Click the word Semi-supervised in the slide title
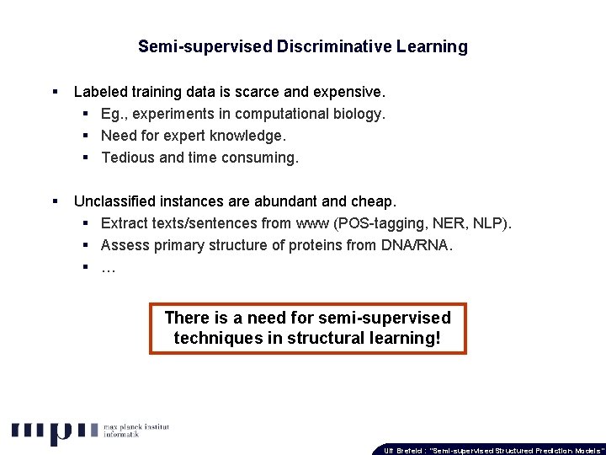click(205, 47)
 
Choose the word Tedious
click(128, 157)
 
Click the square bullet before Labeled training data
click(55, 90)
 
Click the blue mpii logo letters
click(51, 431)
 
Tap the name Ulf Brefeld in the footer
click(401, 450)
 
